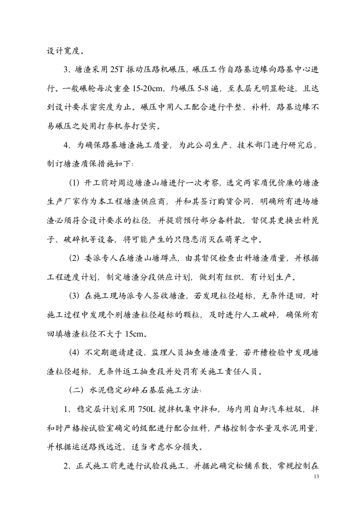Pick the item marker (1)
(x=75, y=183)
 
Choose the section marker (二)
(x=75, y=389)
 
